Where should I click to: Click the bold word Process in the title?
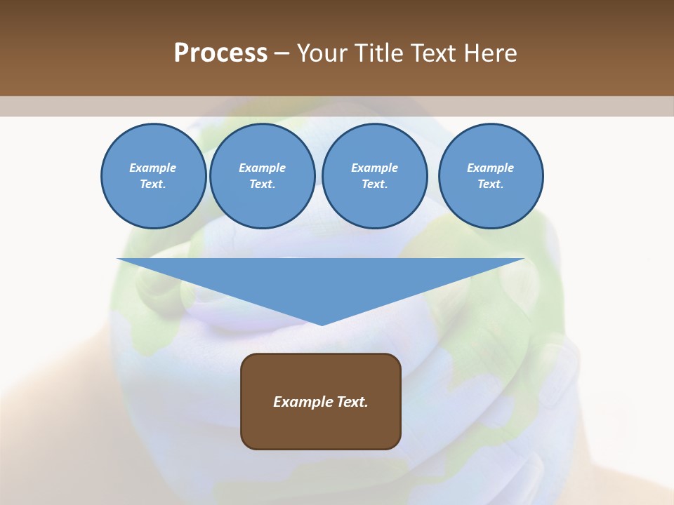[220, 53]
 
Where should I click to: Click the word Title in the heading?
[378, 53]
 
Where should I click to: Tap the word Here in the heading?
[491, 53]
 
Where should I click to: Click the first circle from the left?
[153, 176]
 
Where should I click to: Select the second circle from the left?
[262, 176]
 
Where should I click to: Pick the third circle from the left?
[374, 176]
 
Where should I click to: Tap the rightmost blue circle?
[490, 176]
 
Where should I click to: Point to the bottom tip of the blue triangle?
[322, 324]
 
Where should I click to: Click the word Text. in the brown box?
[352, 402]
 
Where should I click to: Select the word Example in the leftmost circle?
[153, 168]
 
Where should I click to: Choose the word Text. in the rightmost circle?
[490, 184]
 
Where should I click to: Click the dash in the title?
[282, 53]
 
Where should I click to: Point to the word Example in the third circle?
[374, 168]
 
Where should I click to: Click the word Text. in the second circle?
[262, 184]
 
